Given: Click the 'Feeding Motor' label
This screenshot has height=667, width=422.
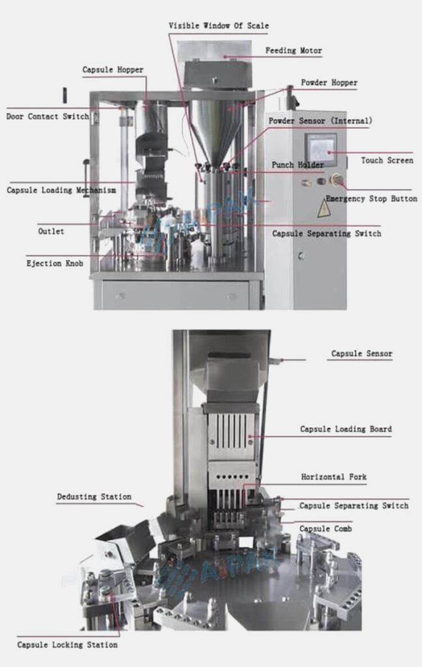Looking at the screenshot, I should pos(293,51).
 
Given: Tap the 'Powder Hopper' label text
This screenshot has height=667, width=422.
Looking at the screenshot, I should pos(329,83).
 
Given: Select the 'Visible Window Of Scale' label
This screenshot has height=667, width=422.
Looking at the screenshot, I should pos(218,26).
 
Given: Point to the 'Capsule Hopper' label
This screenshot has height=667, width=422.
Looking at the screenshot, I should pos(113,70).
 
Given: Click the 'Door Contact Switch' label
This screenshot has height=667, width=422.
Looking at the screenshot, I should pos(48,117).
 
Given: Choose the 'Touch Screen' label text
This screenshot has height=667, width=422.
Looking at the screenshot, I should pos(387,160).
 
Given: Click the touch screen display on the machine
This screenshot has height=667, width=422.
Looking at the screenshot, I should pos(321,150).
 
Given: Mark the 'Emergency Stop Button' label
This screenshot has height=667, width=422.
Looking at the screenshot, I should pos(371,199).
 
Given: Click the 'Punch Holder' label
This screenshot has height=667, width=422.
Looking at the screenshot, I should pos(297,165).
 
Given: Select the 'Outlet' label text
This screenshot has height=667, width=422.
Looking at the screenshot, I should pos(51,231).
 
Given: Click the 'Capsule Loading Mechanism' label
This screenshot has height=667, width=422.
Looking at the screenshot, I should pos(61,191).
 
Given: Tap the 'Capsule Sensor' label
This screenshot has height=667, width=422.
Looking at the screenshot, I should pos(361,354).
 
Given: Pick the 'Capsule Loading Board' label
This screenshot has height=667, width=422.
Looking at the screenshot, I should pos(346,429).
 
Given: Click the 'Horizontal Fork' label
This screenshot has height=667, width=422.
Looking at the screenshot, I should pos(333,477).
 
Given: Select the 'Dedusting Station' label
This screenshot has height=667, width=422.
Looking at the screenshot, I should pos(94,497).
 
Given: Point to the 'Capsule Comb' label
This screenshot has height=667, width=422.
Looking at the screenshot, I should pos(326,529).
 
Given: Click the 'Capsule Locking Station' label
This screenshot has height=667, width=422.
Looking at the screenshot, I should pos(67,645).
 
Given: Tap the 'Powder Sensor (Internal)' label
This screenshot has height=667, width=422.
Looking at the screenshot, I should pos(320,121).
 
